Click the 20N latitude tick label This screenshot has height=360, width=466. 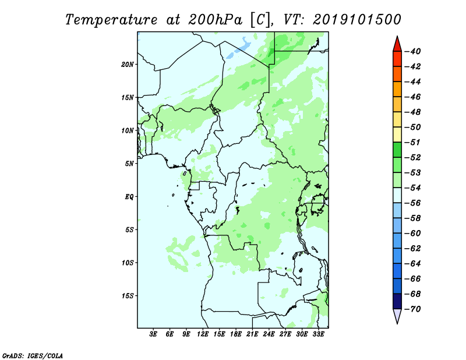coord(128,65)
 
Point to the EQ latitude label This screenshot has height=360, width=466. coord(129,197)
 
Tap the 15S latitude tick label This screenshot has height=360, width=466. coord(128,296)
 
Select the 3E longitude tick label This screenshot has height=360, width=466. coord(153,334)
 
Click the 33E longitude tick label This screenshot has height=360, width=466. coord(318,334)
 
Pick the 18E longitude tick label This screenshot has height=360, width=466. coord(236,334)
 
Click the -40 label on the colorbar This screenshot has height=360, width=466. coord(413,51)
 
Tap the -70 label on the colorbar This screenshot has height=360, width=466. coord(413,309)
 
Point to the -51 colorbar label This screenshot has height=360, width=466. coord(413,142)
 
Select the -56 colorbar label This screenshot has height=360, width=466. coord(413,203)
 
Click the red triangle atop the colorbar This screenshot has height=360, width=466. coord(397,44)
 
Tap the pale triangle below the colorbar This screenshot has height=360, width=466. coord(397,316)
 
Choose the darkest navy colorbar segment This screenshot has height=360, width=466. coord(397,301)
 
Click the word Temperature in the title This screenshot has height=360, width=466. coord(111,20)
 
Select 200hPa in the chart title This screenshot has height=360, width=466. coord(215,20)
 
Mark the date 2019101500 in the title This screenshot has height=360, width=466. coord(357,20)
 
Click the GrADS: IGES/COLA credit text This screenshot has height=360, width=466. coord(33,356)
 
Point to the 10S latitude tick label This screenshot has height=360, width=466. coord(128,263)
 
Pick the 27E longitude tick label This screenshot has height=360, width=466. coord(285,334)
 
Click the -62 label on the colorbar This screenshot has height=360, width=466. coord(413,249)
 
